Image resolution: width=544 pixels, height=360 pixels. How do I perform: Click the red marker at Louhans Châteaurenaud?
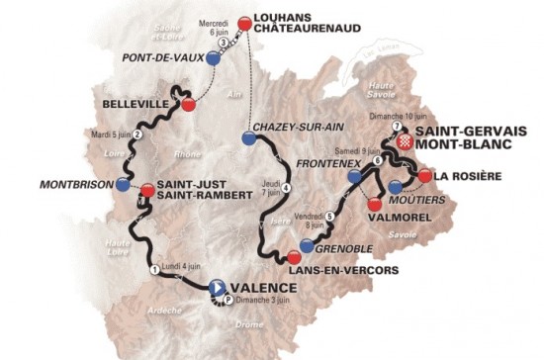click(244, 22)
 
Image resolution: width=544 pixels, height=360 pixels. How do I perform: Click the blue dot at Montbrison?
click(122, 184)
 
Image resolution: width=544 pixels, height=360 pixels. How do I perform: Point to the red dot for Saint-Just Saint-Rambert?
click(147, 189)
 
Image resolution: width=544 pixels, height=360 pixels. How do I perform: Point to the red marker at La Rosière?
click(425, 175)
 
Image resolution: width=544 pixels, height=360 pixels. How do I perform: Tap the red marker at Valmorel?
click(374, 203)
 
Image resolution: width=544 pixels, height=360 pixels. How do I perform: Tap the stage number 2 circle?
click(138, 135)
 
